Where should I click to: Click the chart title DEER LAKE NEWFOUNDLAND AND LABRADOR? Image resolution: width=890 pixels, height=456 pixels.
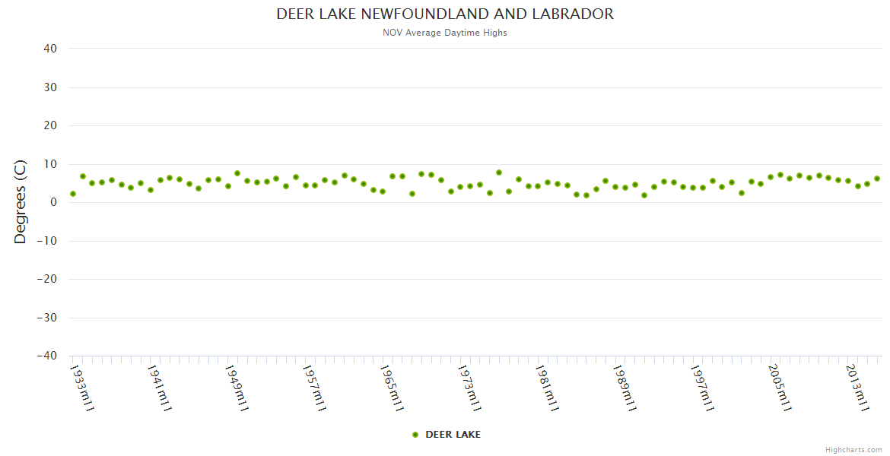coord(445,14)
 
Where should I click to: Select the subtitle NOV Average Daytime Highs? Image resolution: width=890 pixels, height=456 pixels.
coord(445,33)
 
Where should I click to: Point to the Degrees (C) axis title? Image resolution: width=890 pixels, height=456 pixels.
coord(21,202)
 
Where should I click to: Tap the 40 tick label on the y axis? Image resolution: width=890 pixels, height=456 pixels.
coord(50,49)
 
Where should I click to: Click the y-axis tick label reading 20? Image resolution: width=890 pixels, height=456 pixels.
coord(50,125)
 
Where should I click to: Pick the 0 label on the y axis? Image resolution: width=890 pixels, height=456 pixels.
coord(54,202)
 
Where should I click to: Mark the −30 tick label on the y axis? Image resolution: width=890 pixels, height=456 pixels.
coord(46,318)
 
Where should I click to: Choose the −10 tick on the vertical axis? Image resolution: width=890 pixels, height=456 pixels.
coord(46,241)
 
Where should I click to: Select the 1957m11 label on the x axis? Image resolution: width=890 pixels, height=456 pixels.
coord(315,388)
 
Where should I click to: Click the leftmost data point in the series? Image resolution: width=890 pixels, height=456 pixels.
coord(73,194)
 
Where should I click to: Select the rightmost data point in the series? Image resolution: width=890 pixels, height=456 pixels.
coord(877,179)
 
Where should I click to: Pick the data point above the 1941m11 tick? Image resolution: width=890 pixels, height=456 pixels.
coord(151,190)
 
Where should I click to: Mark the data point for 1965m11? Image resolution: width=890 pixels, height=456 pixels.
coord(383,192)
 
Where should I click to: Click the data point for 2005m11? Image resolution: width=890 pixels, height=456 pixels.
coord(771,177)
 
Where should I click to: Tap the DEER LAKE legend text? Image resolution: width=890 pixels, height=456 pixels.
coord(453,435)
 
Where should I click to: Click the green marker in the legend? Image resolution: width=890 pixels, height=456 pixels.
coord(415,435)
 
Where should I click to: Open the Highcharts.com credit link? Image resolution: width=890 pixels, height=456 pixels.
coord(853,449)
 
